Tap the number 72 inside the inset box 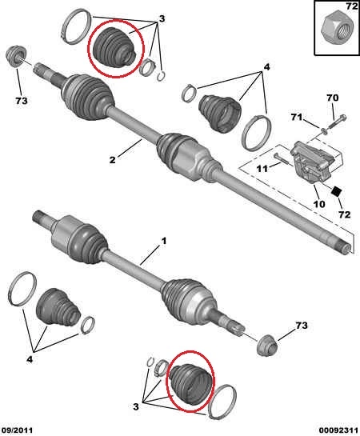352,6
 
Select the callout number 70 333,98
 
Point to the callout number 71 297,117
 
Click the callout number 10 319,204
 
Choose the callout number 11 262,169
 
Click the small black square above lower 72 337,190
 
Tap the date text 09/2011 18,430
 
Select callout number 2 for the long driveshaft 112,160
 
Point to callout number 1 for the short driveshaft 164,241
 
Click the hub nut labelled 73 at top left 17,57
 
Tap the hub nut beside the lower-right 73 267,345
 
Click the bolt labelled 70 337,122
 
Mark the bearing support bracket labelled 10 313,162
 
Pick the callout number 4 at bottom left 30,359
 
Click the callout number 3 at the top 162,18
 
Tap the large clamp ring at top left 76,26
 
